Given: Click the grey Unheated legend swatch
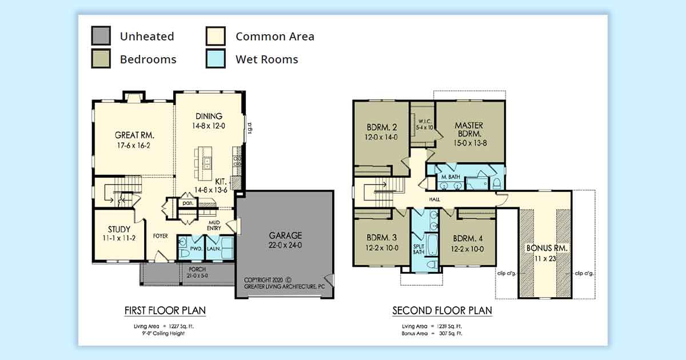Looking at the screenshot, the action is pyautogui.click(x=101, y=36).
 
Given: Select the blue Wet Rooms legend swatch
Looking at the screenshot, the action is pyautogui.click(x=216, y=58).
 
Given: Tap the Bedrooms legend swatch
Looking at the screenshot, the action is pyautogui.click(x=101, y=58).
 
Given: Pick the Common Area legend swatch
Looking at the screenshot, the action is pyautogui.click(x=216, y=36).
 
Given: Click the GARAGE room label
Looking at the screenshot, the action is pyautogui.click(x=285, y=235).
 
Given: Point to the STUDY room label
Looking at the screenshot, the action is pyautogui.click(x=119, y=229).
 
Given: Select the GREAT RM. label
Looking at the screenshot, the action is pyautogui.click(x=134, y=135).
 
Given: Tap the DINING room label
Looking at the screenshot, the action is pyautogui.click(x=209, y=116).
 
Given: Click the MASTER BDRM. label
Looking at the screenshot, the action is pyautogui.click(x=469, y=130).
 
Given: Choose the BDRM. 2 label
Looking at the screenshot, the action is pyautogui.click(x=382, y=127).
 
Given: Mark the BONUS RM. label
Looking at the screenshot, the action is pyautogui.click(x=547, y=248).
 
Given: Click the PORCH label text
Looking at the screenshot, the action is pyautogui.click(x=197, y=269).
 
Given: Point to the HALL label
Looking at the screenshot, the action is pyautogui.click(x=434, y=199).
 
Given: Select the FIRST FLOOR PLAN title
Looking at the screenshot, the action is pyautogui.click(x=165, y=310).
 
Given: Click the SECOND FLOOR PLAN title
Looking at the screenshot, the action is pyautogui.click(x=442, y=310).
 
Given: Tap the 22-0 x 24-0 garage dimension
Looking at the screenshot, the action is pyautogui.click(x=285, y=245).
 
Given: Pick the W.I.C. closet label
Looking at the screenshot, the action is pyautogui.click(x=425, y=121).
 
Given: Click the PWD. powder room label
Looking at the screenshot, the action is pyautogui.click(x=196, y=249).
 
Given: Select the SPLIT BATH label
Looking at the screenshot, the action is pyautogui.click(x=418, y=249).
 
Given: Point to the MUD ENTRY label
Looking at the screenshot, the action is pyautogui.click(x=214, y=225).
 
